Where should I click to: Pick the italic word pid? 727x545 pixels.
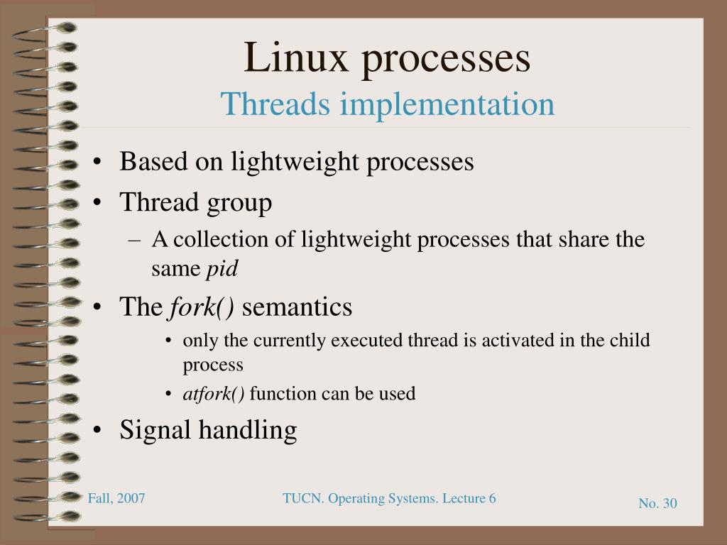[222, 270]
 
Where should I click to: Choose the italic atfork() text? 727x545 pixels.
[214, 394]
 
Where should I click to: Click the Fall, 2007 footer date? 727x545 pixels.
[116, 498]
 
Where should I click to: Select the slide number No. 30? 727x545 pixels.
[657, 503]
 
